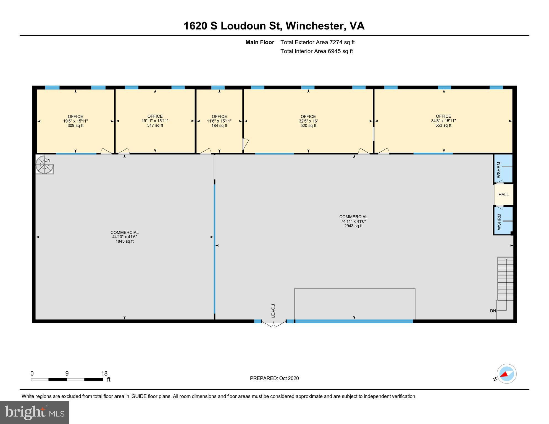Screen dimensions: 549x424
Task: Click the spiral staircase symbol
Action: tap(44, 165)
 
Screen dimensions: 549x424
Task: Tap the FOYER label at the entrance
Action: tap(273, 311)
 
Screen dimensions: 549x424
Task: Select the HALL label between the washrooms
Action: tap(503, 195)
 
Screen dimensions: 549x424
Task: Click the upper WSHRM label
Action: tap(499, 170)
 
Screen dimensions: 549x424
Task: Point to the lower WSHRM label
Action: tap(499, 222)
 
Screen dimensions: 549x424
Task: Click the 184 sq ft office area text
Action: tap(219, 126)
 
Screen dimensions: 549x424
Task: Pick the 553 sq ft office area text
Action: tap(443, 125)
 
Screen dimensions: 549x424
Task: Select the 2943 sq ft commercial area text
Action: tap(353, 226)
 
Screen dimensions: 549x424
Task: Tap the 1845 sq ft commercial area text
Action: tap(125, 241)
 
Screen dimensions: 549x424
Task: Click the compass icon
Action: tap(506, 374)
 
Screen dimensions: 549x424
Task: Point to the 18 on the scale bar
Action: tap(104, 373)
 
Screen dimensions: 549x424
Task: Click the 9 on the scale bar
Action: tap(67, 373)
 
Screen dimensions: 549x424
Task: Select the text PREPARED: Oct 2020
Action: tap(274, 378)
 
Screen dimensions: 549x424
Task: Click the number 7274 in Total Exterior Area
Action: tap(336, 42)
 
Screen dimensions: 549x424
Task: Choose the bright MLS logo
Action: tap(35, 413)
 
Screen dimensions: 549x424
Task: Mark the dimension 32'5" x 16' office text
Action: tap(308, 121)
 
